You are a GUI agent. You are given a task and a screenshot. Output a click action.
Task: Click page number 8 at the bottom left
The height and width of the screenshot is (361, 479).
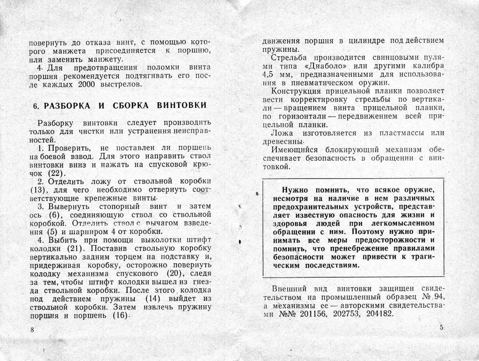32,330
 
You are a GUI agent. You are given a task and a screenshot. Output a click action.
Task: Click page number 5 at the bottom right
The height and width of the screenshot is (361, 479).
442,327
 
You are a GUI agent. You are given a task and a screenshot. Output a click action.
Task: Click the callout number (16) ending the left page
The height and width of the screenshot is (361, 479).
120,316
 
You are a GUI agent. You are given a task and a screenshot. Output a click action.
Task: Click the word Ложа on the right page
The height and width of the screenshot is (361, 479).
283,133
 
